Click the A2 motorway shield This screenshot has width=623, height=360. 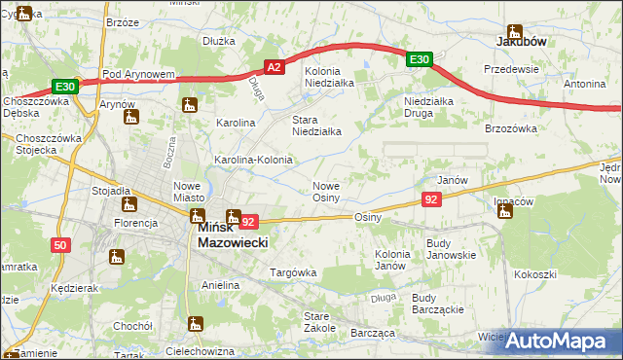coord(275,67)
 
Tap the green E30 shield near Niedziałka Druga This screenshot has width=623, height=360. coord(420,60)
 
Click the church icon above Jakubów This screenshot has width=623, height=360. coord(514,30)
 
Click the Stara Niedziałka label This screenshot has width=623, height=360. coord(316,126)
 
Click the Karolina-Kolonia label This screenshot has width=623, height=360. coord(253,159)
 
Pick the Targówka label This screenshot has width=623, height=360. coord(293,272)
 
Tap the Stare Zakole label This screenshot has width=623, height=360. coord(318,322)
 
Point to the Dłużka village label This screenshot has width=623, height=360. coord(220,41)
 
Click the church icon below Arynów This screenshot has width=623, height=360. coord(131,118)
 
